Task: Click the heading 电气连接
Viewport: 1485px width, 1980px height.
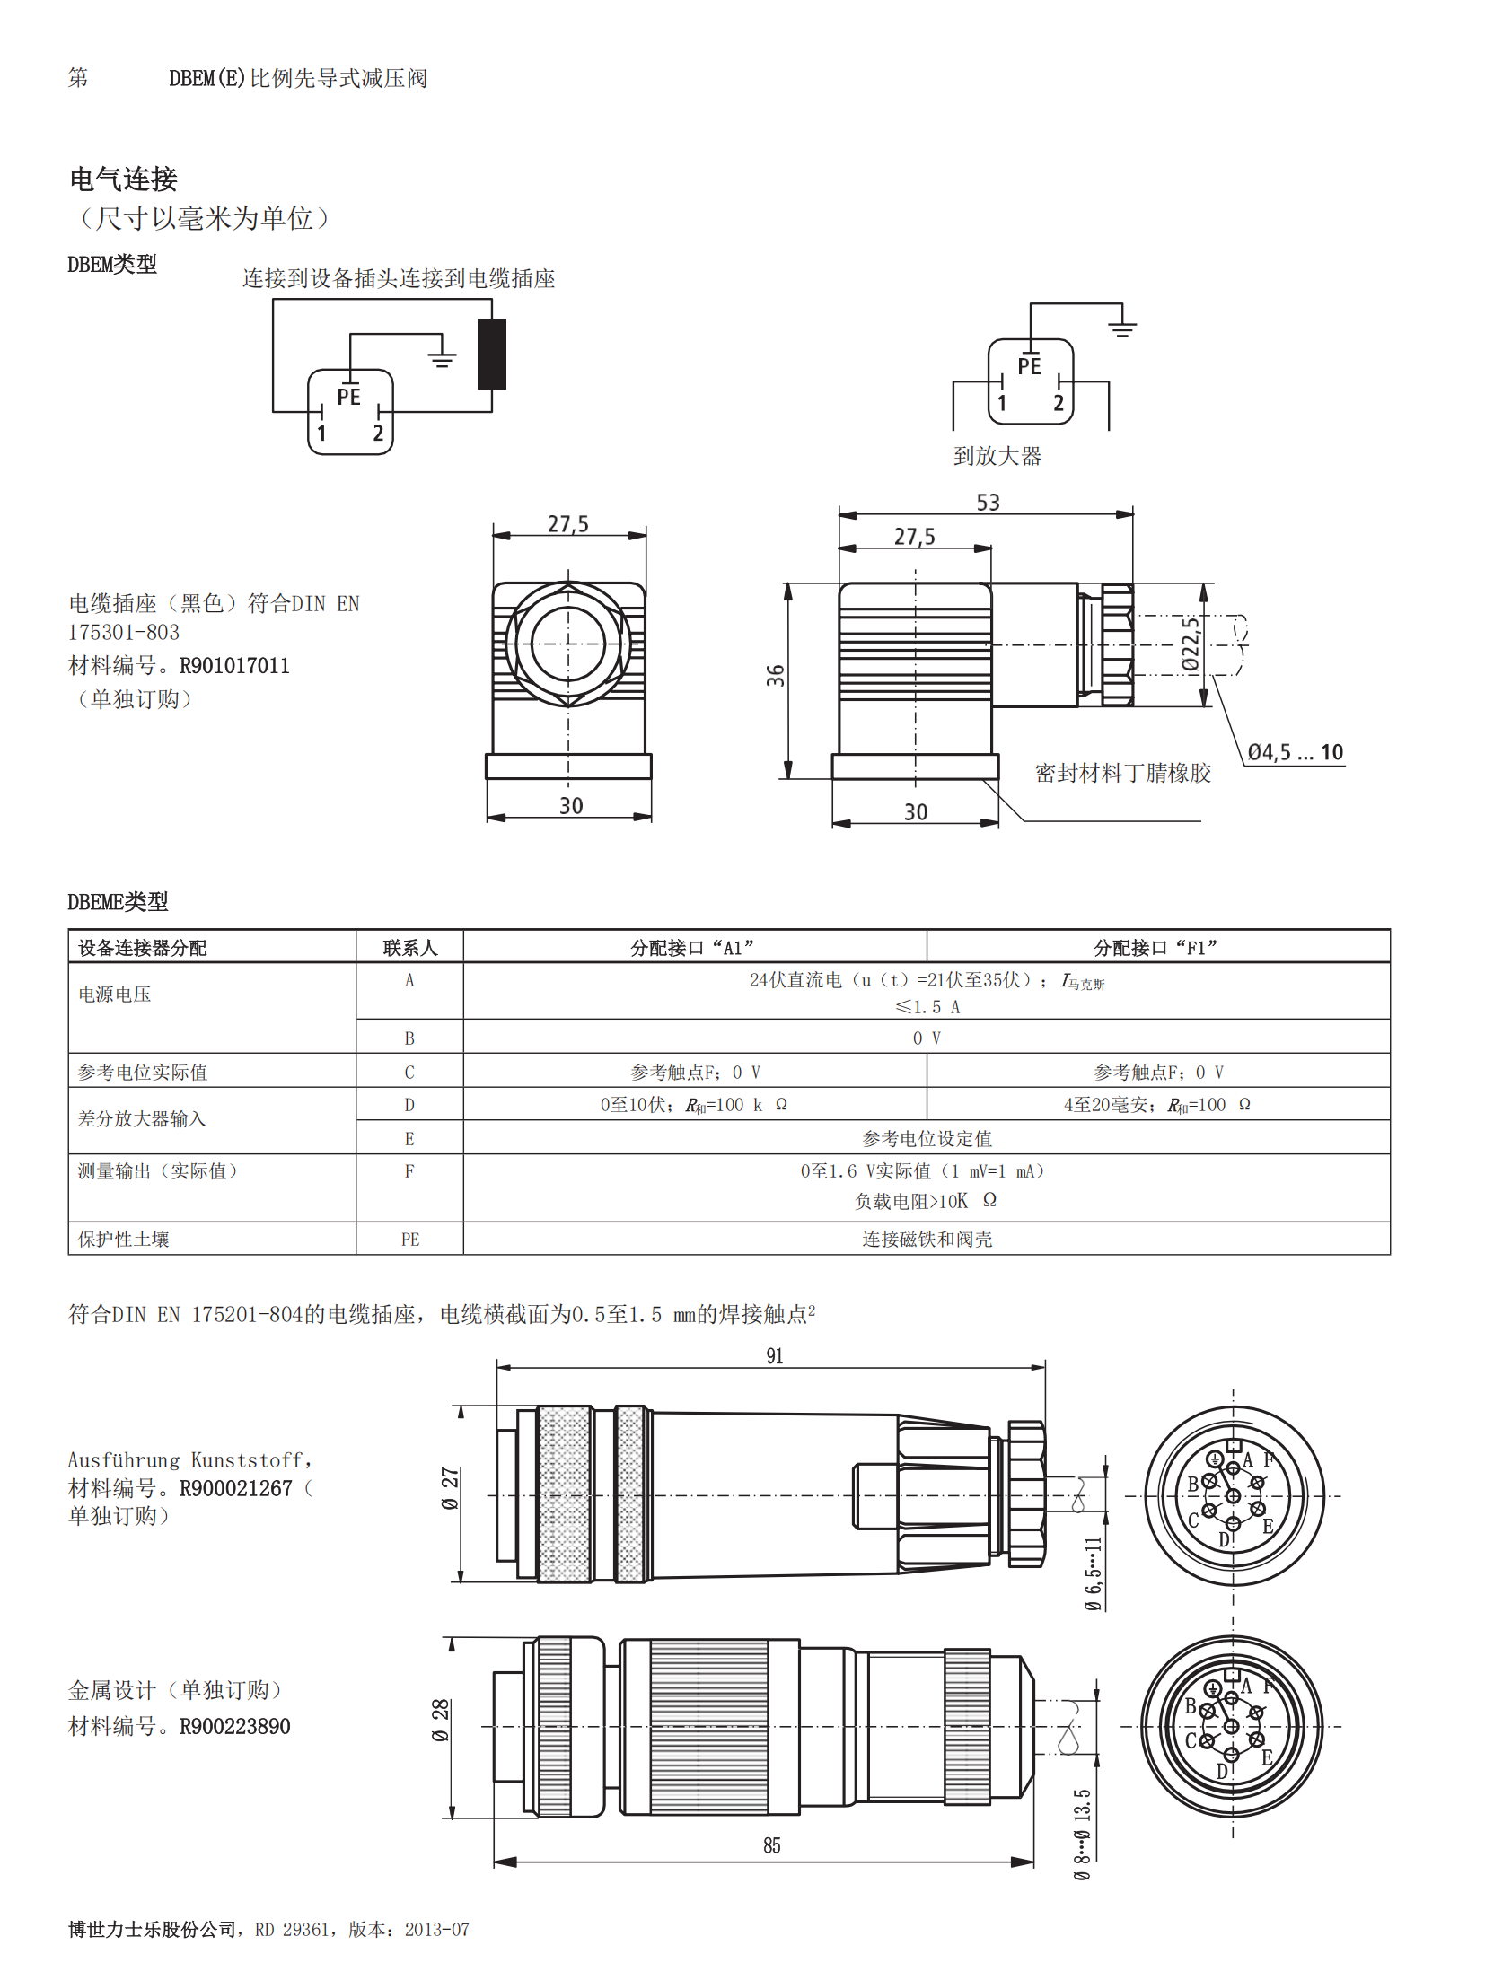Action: click(x=124, y=179)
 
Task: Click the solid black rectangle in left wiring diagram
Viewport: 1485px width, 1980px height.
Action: click(x=492, y=354)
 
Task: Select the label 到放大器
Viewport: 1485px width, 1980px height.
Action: click(x=997, y=456)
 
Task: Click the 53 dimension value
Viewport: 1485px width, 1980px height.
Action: click(x=988, y=503)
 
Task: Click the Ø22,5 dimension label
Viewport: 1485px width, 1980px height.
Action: click(x=1191, y=644)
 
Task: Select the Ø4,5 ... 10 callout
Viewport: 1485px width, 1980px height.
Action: click(x=1295, y=752)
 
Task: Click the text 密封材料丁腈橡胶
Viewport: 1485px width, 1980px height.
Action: click(x=1122, y=773)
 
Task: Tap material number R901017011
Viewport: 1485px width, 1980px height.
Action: click(x=234, y=666)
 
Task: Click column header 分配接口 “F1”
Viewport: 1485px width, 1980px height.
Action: click(x=1156, y=947)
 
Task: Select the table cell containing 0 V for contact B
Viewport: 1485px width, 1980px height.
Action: click(x=926, y=1038)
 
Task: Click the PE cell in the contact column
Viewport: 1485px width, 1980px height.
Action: click(x=409, y=1239)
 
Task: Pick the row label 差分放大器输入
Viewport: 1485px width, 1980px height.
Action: click(x=142, y=1118)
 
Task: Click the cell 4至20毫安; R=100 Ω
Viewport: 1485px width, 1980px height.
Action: click(x=1156, y=1105)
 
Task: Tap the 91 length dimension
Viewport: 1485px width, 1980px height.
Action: click(x=774, y=1355)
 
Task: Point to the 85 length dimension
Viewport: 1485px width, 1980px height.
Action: click(x=771, y=1845)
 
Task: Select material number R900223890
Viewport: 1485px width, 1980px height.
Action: click(x=234, y=1726)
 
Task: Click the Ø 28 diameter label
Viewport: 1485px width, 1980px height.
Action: click(x=440, y=1720)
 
